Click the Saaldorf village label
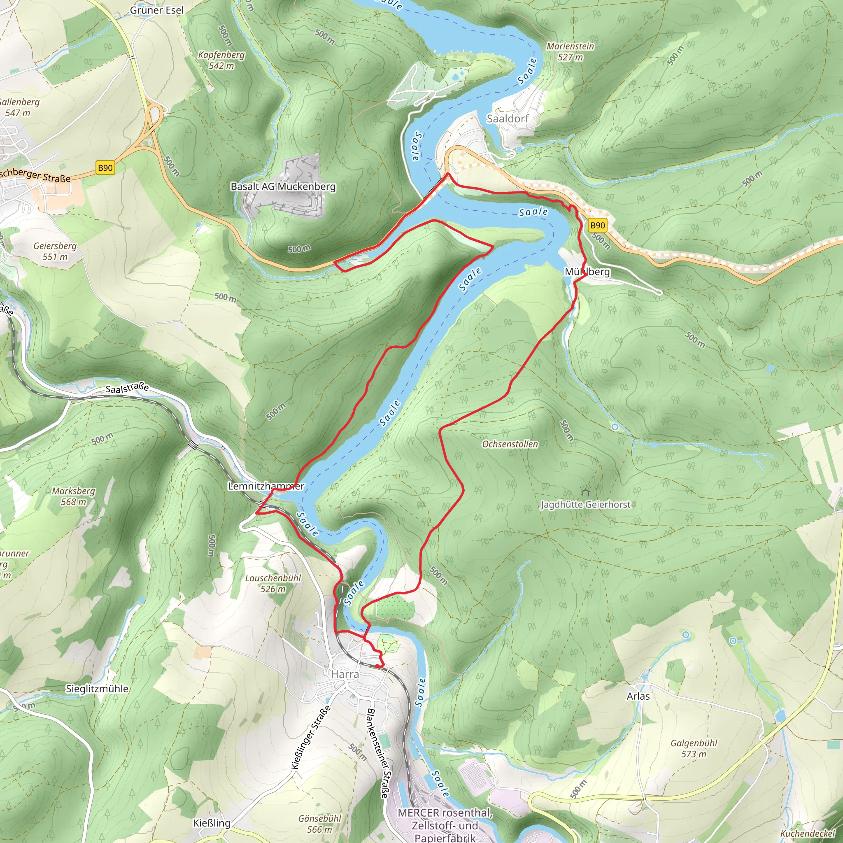tap(508, 119)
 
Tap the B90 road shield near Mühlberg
tap(597, 225)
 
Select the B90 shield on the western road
tap(105, 168)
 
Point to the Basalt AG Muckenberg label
tap(283, 187)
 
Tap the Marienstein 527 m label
tap(570, 51)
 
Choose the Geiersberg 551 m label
tap(55, 252)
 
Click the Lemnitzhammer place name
tap(266, 486)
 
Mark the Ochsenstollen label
tap(510, 444)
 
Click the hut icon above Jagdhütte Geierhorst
tap(586, 492)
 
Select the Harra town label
tap(345, 674)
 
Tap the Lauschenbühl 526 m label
tap(273, 583)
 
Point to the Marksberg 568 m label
tap(73, 496)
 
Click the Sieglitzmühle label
tap(97, 689)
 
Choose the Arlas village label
tap(638, 696)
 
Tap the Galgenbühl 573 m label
tap(694, 748)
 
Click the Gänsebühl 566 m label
tap(319, 824)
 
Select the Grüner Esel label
tap(157, 10)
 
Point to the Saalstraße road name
tap(127, 387)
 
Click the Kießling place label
tap(212, 823)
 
